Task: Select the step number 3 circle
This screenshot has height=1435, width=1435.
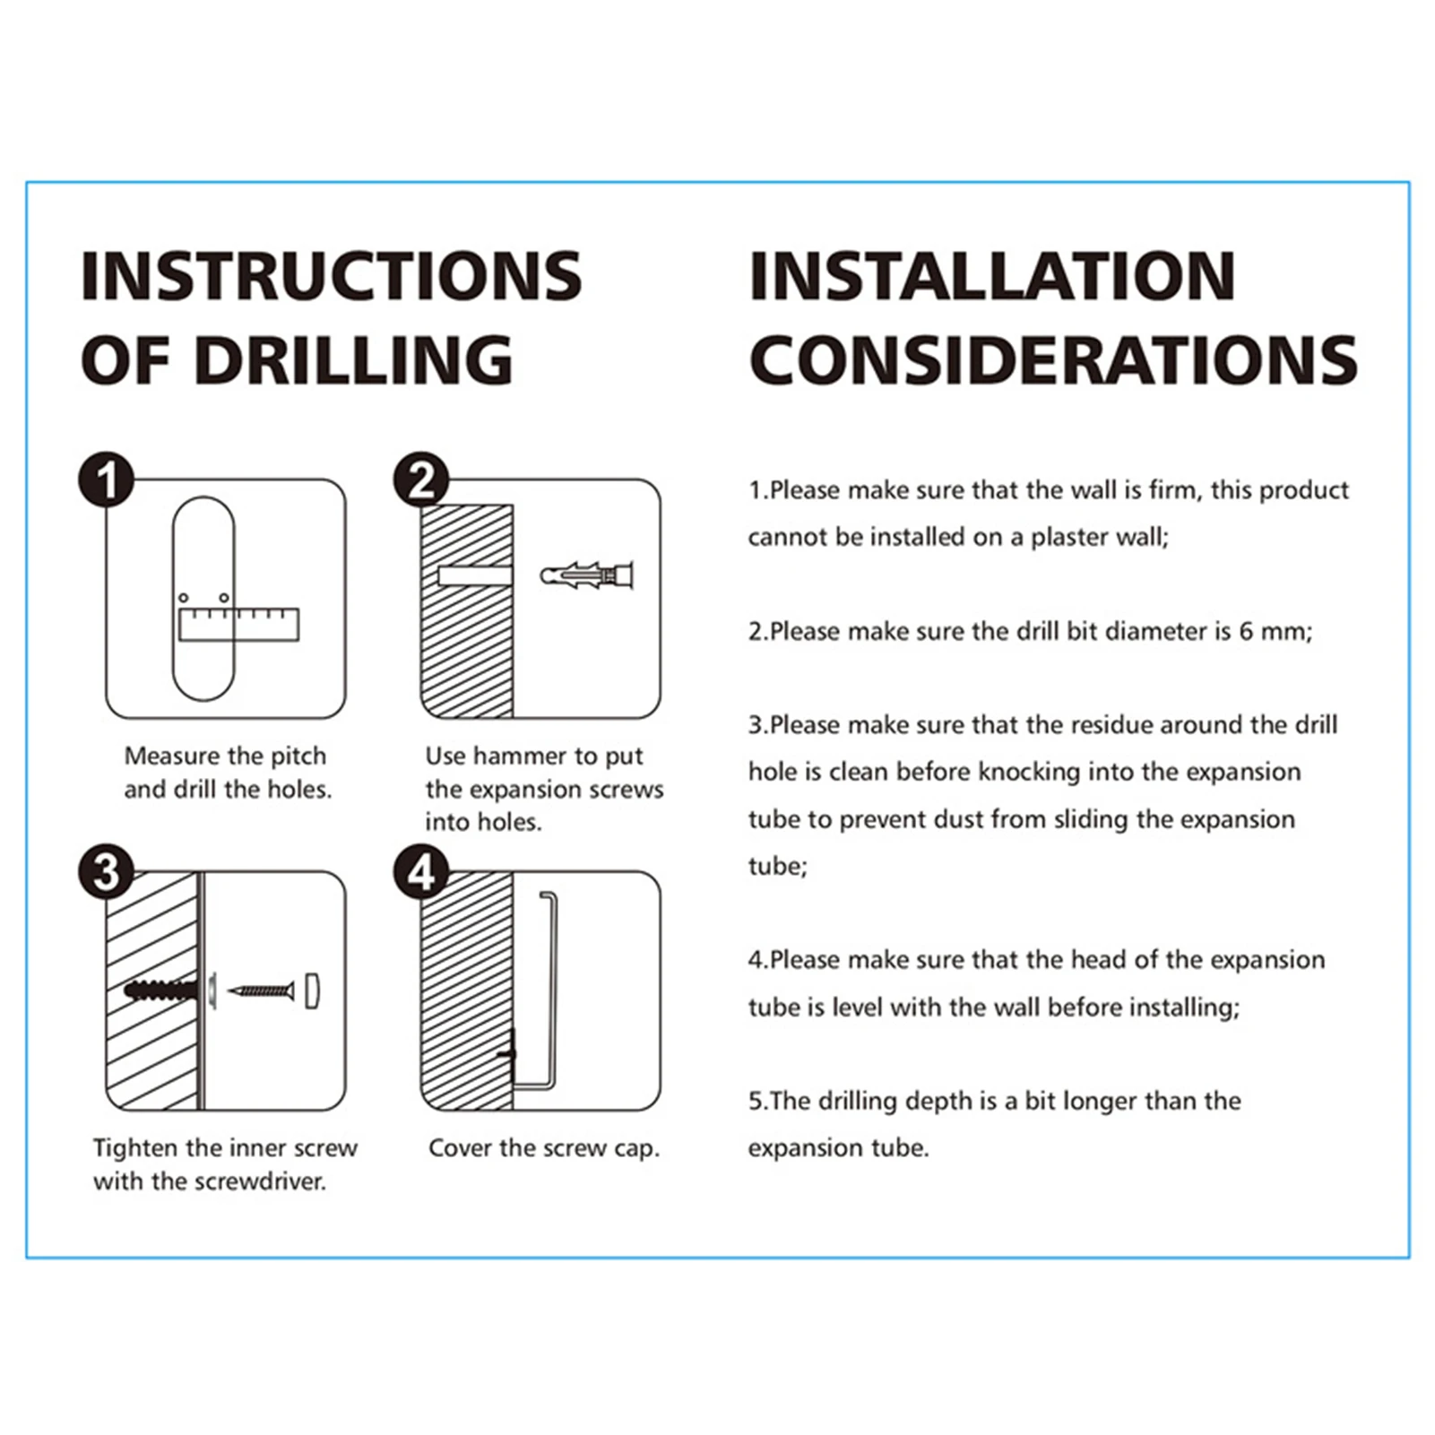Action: pos(107,872)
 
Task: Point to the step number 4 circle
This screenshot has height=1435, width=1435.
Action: pos(421,872)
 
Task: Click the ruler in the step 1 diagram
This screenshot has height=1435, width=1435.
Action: pos(238,625)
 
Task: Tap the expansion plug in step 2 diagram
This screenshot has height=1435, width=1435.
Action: pos(587,574)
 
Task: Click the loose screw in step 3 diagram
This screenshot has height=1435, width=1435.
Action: pos(261,990)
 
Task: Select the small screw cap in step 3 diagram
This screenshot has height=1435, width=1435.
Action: pos(312,990)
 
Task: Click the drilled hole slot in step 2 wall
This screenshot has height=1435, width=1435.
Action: pos(474,575)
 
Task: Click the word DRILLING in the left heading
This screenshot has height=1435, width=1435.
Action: pos(353,360)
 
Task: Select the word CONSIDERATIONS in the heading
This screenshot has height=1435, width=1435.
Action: pos(1053,360)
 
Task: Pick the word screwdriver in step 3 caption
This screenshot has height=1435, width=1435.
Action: pos(261,1181)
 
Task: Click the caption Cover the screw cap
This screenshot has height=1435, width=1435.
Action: pos(544,1148)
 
